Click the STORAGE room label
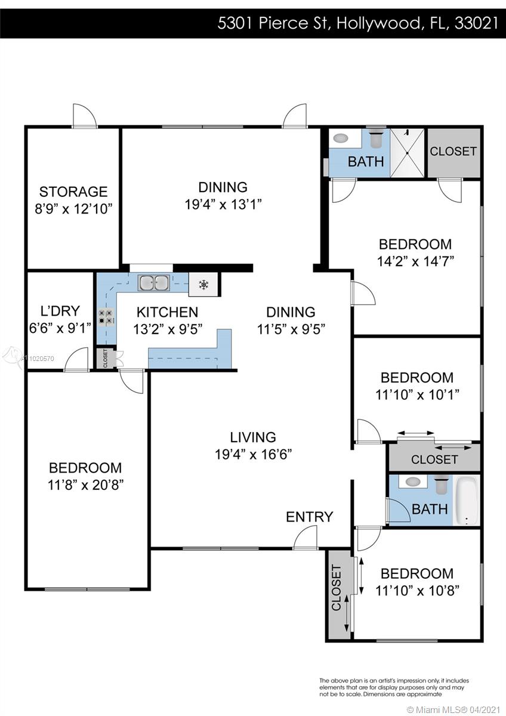click(73, 192)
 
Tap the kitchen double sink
click(154, 283)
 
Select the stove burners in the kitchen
click(106, 316)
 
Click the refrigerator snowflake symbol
click(203, 284)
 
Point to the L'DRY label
click(60, 311)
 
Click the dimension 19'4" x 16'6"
click(253, 454)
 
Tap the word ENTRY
click(310, 517)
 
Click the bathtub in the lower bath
click(467, 501)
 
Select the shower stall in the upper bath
click(407, 153)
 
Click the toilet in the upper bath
click(376, 137)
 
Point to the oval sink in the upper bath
click(341, 138)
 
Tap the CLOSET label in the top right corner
click(453, 151)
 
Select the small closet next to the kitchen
click(106, 358)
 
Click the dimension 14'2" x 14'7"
click(415, 261)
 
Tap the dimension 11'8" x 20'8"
click(86, 485)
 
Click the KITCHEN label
click(167, 312)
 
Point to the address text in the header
click(357, 23)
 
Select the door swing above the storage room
click(84, 116)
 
